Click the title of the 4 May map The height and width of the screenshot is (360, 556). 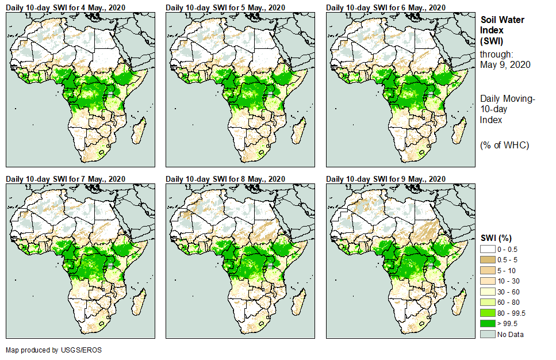coord(66,7)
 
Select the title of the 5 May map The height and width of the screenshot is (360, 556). coord(225,7)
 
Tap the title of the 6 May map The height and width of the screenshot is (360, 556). coord(386,7)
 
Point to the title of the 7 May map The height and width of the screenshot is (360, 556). coord(66,179)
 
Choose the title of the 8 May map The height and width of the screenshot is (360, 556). coord(225,179)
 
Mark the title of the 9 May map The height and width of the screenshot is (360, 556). coord(386,179)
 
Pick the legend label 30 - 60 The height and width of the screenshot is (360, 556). coord(508,292)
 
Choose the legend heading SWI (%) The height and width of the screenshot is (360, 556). coord(496,238)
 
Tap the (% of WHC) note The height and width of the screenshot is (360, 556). coord(504,145)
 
